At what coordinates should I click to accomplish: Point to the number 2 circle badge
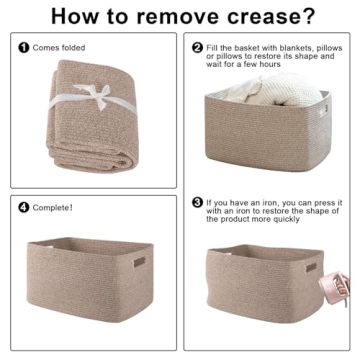[x=197, y=47]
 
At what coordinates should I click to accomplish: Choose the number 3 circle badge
[x=197, y=202]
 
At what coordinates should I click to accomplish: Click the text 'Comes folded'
[x=58, y=47]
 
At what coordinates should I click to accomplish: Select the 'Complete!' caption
[x=51, y=208]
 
